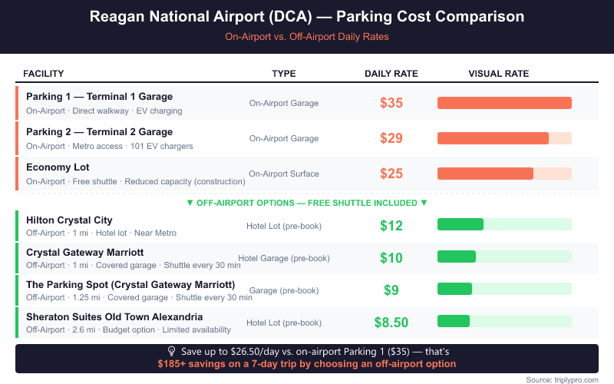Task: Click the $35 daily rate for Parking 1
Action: coord(391,103)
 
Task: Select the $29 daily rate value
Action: coord(391,138)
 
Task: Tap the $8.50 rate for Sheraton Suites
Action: coord(391,323)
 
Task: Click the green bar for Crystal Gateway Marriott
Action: coord(457,257)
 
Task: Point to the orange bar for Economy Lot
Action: coord(485,174)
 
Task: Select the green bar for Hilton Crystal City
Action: coord(460,224)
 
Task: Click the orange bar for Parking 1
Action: coord(504,103)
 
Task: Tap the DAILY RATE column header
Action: coord(391,74)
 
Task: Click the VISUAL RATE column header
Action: coord(499,74)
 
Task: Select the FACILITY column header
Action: coord(44,74)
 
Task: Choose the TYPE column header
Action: coord(284,74)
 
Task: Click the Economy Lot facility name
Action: coord(58,167)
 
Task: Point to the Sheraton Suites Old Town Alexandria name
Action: coord(114,316)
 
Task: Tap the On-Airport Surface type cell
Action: coord(284,174)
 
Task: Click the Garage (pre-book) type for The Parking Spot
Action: coord(284,290)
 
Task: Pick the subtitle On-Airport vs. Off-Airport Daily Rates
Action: coord(307,37)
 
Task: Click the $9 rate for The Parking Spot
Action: coord(391,290)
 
